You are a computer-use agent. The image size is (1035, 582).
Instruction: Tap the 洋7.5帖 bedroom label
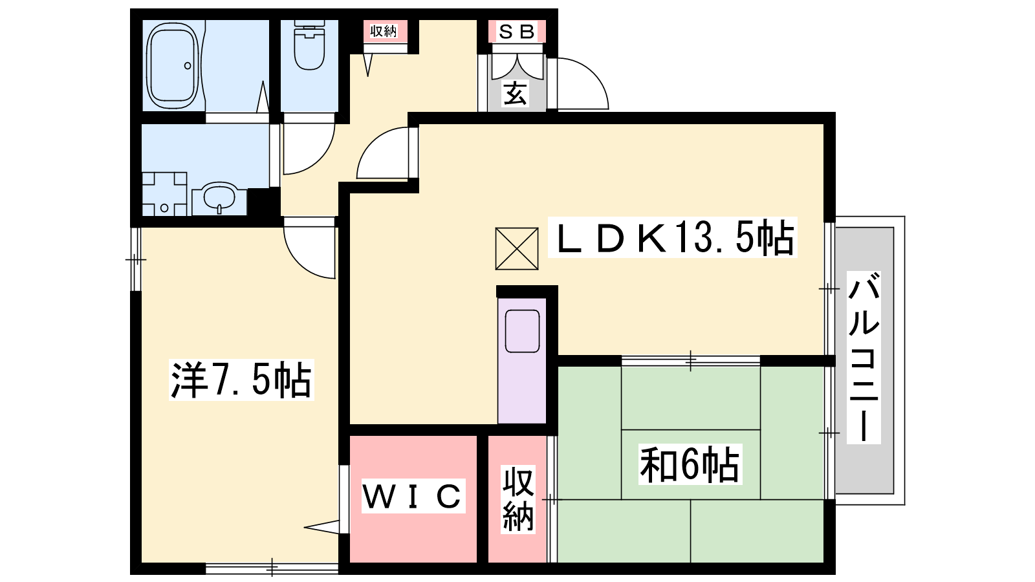[241, 380]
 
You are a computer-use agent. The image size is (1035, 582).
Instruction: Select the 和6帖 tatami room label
[690, 464]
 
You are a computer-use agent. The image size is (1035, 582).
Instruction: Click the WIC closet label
[413, 496]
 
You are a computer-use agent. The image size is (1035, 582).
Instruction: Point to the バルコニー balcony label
[863, 358]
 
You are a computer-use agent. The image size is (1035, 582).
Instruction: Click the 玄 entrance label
[515, 94]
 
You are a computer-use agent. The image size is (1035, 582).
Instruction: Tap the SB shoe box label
[517, 32]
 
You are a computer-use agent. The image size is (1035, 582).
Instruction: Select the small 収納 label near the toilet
[384, 31]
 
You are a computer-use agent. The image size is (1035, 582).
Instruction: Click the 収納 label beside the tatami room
[518, 500]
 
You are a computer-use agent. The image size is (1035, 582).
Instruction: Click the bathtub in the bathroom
[173, 65]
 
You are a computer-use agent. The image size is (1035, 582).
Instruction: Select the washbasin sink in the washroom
[219, 198]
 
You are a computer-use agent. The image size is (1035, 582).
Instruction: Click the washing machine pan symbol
[164, 194]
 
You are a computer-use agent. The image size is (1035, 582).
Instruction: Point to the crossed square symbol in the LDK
[517, 248]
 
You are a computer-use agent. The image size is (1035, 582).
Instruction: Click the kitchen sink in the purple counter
[522, 331]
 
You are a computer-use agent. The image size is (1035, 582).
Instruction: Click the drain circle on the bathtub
[188, 65]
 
